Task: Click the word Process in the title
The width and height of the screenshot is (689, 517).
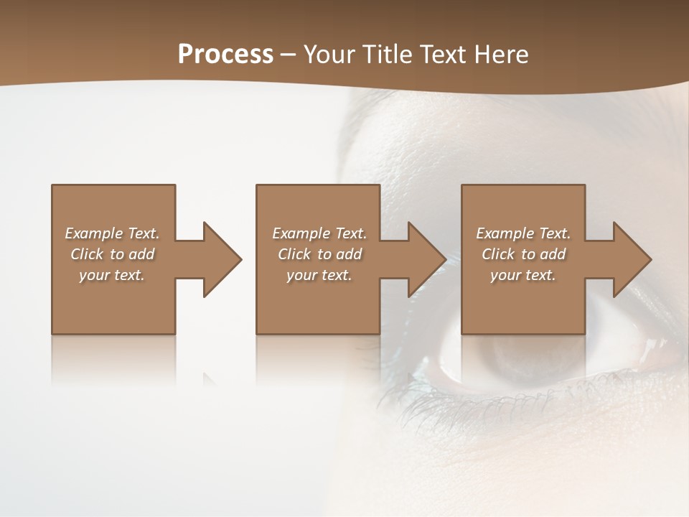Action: click(225, 55)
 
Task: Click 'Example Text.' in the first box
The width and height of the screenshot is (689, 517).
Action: click(112, 233)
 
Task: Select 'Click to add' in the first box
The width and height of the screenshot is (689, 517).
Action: click(112, 254)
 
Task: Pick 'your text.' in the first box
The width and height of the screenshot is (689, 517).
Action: click(112, 275)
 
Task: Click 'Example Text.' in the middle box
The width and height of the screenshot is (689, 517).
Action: click(319, 233)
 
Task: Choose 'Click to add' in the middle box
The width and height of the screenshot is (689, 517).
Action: click(319, 254)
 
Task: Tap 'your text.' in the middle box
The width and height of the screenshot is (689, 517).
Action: click(319, 275)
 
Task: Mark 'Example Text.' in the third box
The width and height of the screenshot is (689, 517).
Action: click(523, 233)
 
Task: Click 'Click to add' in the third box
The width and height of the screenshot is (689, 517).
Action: click(523, 254)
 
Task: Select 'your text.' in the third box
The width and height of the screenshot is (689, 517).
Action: click(523, 275)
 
